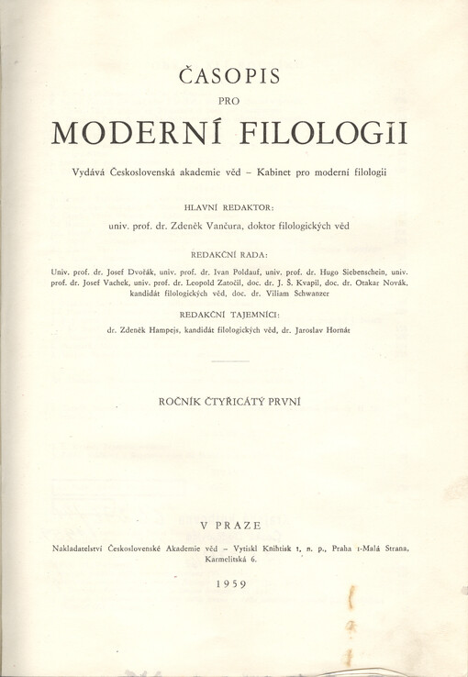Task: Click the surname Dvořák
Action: (x=144, y=272)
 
